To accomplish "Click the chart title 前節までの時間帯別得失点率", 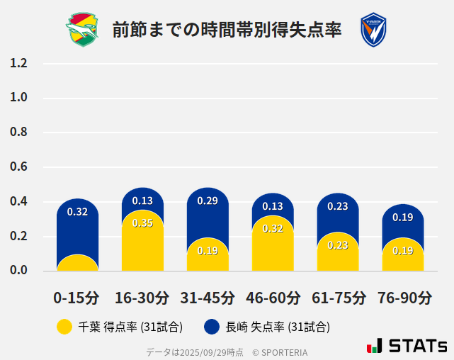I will click(x=227, y=30).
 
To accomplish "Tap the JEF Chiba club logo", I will click(x=83, y=30).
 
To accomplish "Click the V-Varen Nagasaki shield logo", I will click(x=373, y=30).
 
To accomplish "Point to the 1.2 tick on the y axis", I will click(x=18, y=63).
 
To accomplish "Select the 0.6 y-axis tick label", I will click(x=18, y=167).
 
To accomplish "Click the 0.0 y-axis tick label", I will click(x=18, y=271).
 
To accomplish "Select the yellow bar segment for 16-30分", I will click(x=142, y=244).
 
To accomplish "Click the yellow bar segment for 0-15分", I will click(x=77, y=264).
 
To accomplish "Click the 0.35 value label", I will click(x=142, y=223).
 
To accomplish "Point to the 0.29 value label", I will click(x=208, y=201).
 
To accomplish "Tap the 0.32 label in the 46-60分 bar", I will click(x=273, y=228).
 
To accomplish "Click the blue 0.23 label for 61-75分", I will click(x=338, y=206).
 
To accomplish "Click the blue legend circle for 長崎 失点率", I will click(x=211, y=327).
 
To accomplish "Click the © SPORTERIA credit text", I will click(x=280, y=351).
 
